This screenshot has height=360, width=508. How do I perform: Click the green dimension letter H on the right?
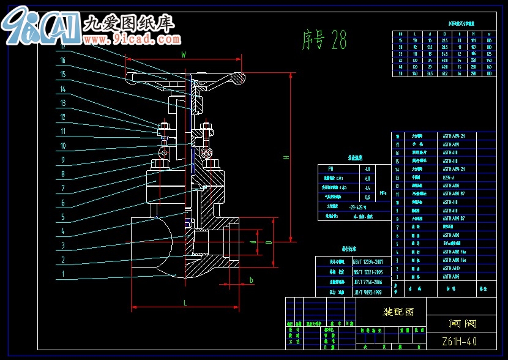[285, 157]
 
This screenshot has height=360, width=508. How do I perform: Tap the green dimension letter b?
[250, 280]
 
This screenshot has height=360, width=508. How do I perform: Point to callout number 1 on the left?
[62, 275]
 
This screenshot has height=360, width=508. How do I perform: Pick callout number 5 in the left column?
[62, 217]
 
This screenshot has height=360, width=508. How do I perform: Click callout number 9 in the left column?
[62, 160]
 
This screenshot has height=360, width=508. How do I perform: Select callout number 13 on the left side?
[62, 103]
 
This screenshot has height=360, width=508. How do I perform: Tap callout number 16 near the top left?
[62, 60]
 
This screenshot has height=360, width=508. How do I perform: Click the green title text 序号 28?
[324, 40]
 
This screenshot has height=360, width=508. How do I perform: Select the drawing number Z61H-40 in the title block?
[460, 341]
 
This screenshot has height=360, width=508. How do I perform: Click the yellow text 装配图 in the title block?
[398, 312]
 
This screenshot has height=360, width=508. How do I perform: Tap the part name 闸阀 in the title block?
[462, 323]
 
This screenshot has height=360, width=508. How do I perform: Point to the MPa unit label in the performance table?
[383, 192]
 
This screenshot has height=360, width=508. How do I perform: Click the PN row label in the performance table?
[331, 168]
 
